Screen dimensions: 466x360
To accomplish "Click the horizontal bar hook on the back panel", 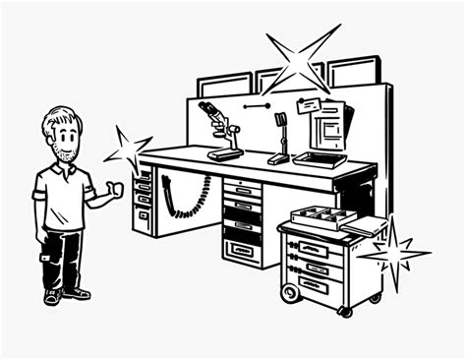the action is coord(260,104).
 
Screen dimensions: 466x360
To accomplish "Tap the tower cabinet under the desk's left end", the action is coord(144,202).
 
